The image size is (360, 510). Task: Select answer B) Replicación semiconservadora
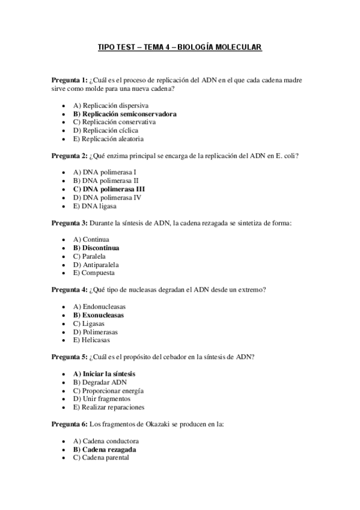click(x=124, y=113)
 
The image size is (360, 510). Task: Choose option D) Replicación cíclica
click(x=105, y=130)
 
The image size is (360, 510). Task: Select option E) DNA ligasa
click(x=95, y=206)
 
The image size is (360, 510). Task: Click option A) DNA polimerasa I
click(x=104, y=172)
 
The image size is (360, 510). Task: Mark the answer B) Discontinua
click(x=96, y=248)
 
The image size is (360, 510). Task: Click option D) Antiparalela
click(x=96, y=265)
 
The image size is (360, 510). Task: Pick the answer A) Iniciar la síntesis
click(x=104, y=373)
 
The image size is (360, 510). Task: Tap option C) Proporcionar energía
click(x=108, y=390)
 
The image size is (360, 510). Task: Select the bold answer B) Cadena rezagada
click(x=104, y=449)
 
